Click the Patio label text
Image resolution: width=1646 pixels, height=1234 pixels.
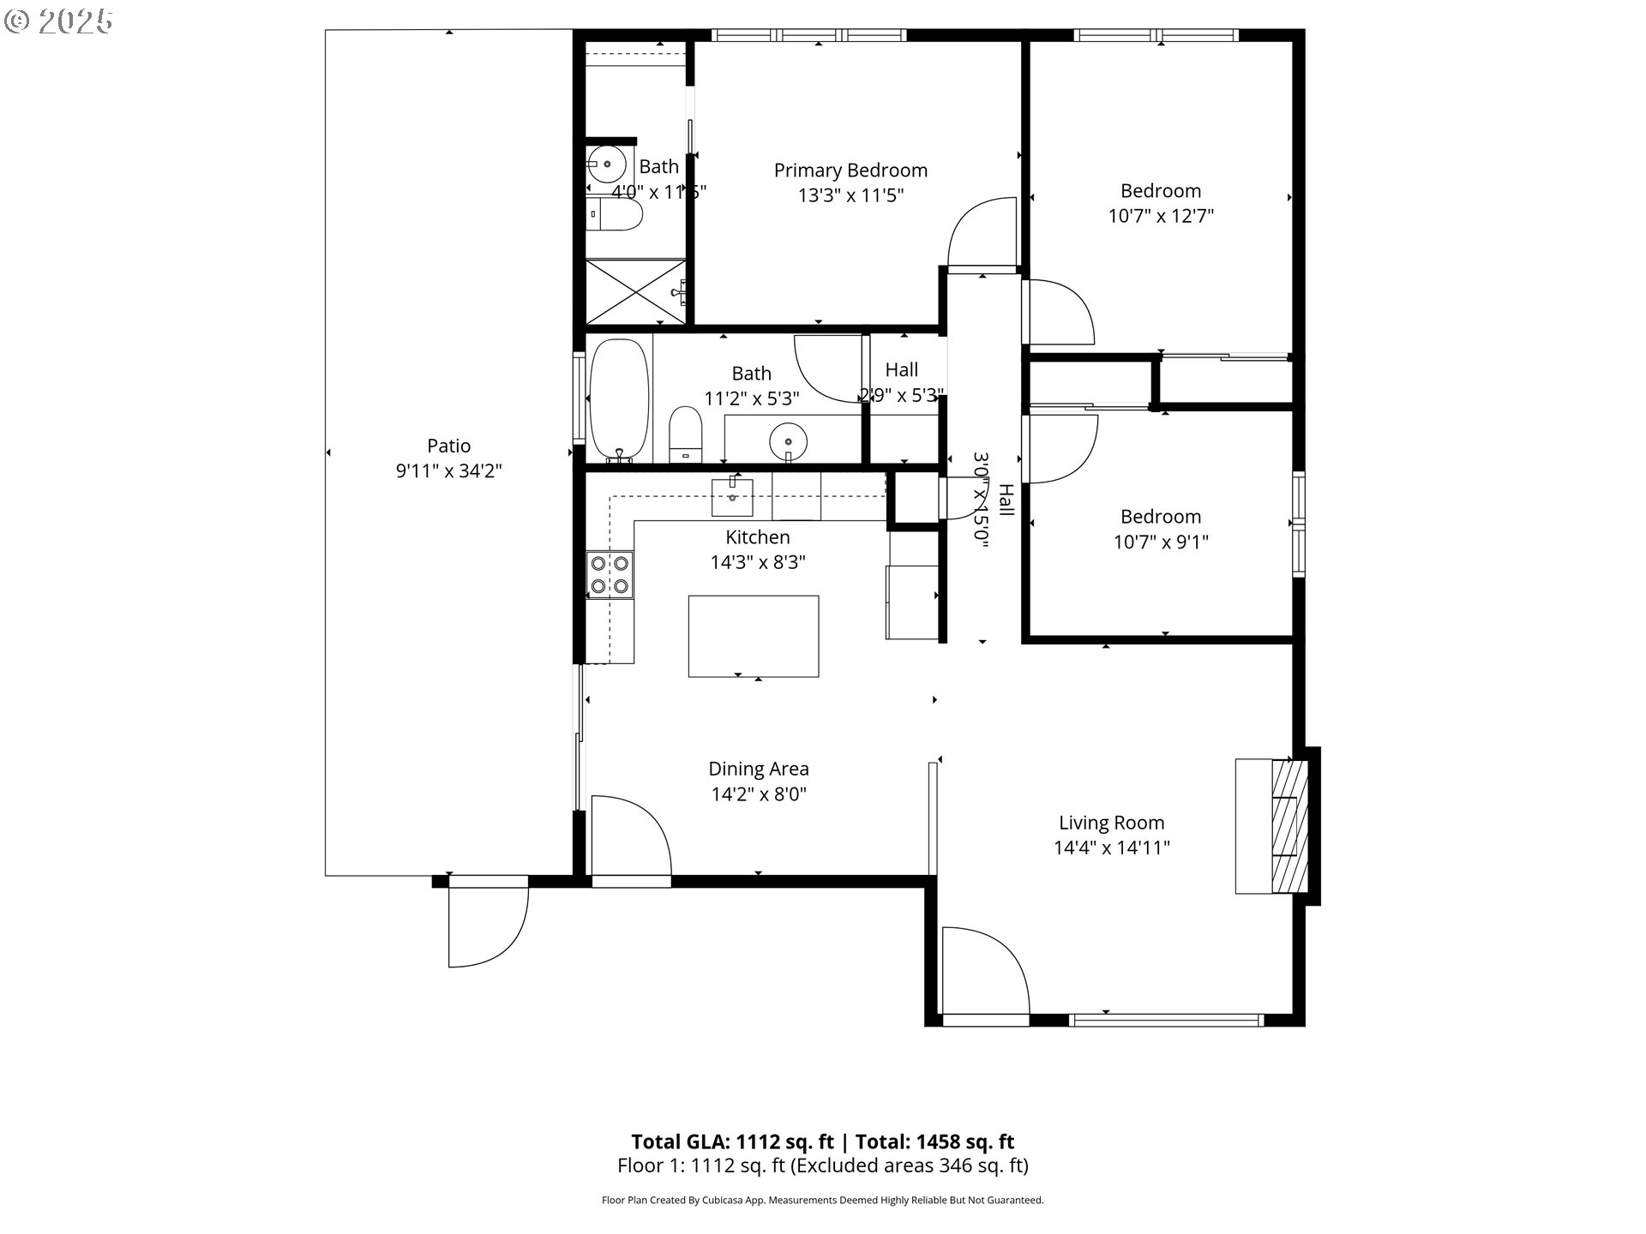(x=448, y=446)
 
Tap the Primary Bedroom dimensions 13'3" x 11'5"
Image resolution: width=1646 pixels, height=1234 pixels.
(x=850, y=196)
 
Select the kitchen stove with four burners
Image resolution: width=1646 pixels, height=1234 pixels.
(x=610, y=575)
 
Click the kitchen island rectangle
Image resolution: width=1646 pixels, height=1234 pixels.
(x=753, y=636)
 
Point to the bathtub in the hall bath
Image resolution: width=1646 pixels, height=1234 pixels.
(x=618, y=399)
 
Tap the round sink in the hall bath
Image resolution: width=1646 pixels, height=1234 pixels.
(x=788, y=442)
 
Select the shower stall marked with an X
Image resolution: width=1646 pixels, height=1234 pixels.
(x=635, y=291)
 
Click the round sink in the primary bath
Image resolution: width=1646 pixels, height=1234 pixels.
(x=606, y=163)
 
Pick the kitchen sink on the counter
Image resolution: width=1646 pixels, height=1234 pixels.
(x=732, y=498)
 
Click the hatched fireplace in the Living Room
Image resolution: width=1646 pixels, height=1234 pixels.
(x=1289, y=826)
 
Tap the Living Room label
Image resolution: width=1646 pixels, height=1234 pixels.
(x=1111, y=823)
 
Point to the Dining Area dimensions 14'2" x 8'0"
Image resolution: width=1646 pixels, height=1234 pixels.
(x=758, y=794)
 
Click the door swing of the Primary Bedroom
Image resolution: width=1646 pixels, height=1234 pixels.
(x=982, y=236)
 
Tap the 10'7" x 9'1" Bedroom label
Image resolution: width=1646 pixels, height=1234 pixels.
(x=1160, y=517)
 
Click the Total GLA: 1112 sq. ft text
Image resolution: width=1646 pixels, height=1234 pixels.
(x=732, y=1141)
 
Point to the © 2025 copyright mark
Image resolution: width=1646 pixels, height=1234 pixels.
(x=58, y=21)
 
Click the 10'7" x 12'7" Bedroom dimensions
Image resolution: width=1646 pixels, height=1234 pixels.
(x=1160, y=216)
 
